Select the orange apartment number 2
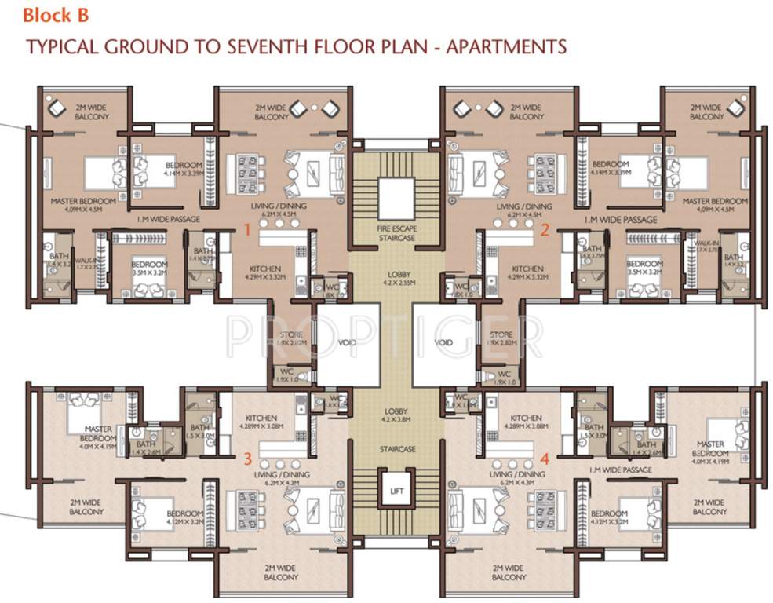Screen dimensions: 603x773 point(544,230)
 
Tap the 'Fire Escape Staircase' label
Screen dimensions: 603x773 point(396,232)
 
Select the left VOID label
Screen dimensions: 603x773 point(348,343)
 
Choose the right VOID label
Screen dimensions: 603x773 point(443,343)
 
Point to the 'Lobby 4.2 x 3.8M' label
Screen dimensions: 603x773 point(396,415)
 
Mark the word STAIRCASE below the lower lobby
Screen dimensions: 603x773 point(396,449)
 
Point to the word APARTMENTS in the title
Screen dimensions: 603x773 point(505,47)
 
